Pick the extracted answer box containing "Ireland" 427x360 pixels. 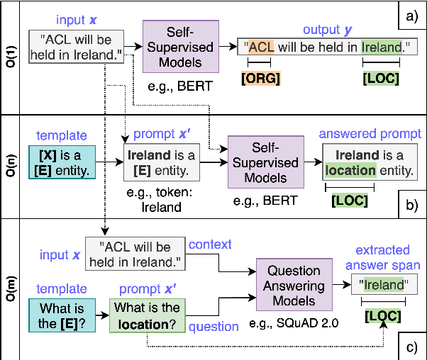384,283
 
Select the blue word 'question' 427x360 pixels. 213,326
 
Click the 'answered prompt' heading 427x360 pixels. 370,134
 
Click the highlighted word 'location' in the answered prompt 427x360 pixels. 349,170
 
